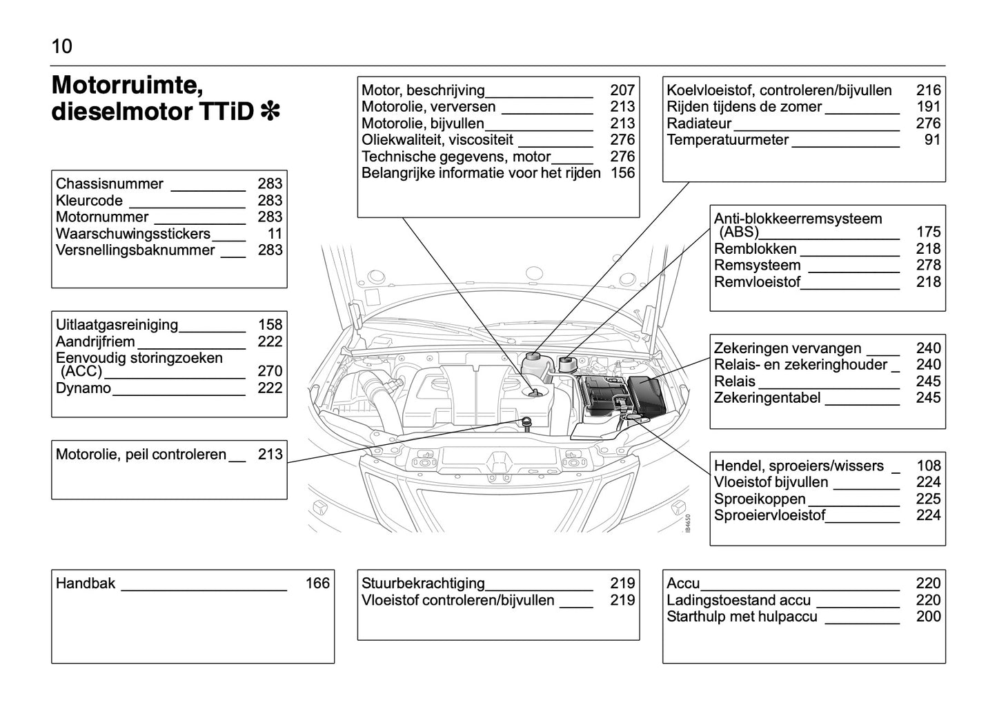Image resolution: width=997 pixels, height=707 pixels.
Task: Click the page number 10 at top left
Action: pyautogui.click(x=61, y=47)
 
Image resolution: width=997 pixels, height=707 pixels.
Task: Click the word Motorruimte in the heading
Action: pyautogui.click(x=127, y=86)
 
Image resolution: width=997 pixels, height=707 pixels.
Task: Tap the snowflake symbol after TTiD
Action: pyautogui.click(x=270, y=111)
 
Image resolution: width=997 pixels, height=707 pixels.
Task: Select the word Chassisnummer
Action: pyautogui.click(x=110, y=184)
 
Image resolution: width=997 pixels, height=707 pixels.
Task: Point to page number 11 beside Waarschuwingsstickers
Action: pyautogui.click(x=275, y=234)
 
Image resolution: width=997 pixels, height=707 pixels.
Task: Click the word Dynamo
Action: pyautogui.click(x=83, y=388)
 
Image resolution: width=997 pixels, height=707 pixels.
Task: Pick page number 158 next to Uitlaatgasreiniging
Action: pyautogui.click(x=270, y=325)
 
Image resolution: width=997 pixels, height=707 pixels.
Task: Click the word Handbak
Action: pyautogui.click(x=86, y=584)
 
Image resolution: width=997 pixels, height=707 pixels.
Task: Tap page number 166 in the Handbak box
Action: pyautogui.click(x=317, y=584)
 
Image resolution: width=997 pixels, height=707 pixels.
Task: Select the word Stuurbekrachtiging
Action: pyautogui.click(x=423, y=584)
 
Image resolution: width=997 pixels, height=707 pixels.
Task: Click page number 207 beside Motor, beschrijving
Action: pyautogui.click(x=622, y=90)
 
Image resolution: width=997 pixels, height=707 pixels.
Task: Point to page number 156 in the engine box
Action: pyautogui.click(x=622, y=173)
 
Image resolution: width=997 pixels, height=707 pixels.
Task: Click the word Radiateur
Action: pyautogui.click(x=699, y=123)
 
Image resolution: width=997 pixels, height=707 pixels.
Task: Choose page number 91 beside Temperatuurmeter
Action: pyautogui.click(x=932, y=140)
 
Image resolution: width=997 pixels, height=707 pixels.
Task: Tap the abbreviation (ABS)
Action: pyautogui.click(x=738, y=232)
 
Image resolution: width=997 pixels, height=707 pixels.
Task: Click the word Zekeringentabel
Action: pyautogui.click(x=767, y=398)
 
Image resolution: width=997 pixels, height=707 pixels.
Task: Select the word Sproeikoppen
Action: pyautogui.click(x=760, y=499)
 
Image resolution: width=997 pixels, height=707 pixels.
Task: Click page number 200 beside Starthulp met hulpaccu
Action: pyautogui.click(x=928, y=617)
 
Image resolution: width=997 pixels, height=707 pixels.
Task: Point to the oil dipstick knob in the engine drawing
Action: pyautogui.click(x=526, y=421)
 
